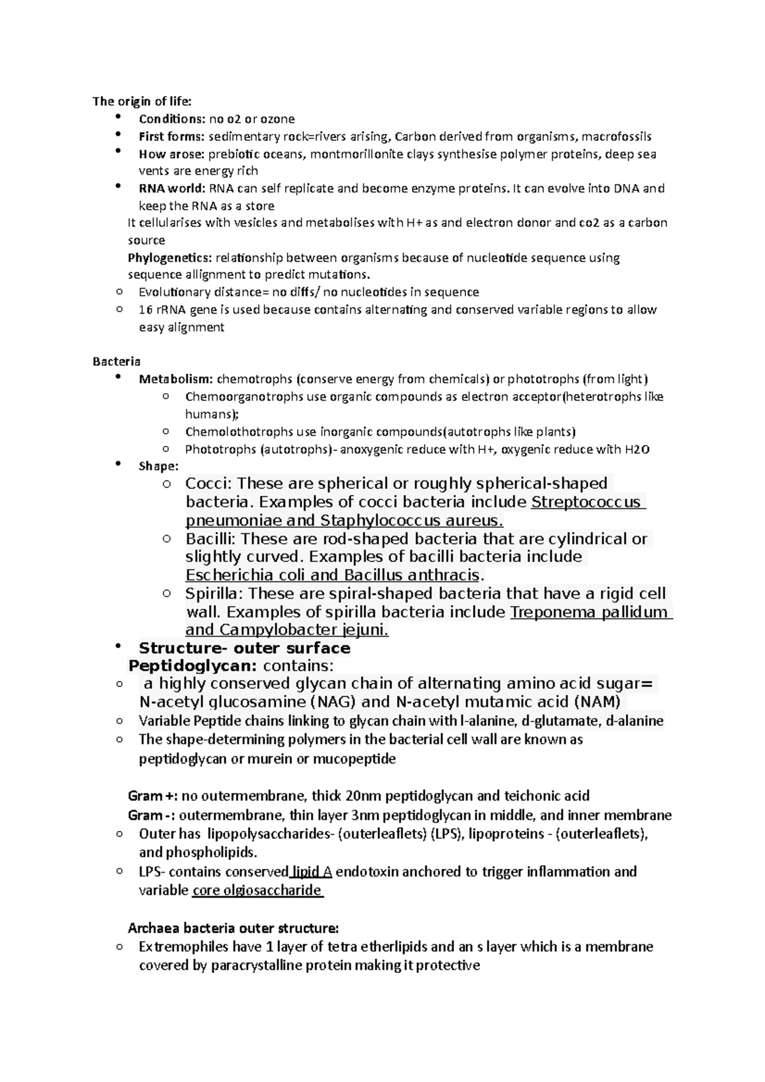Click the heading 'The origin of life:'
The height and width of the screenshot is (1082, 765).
pos(142,101)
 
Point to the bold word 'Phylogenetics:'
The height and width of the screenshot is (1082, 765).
pos(170,258)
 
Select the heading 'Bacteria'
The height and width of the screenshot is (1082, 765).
pos(117,362)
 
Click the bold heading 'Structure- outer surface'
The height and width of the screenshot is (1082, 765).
pos(244,649)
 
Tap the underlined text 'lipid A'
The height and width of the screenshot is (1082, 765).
pos(312,872)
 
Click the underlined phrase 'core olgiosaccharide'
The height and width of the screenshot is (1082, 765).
pos(256,890)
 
